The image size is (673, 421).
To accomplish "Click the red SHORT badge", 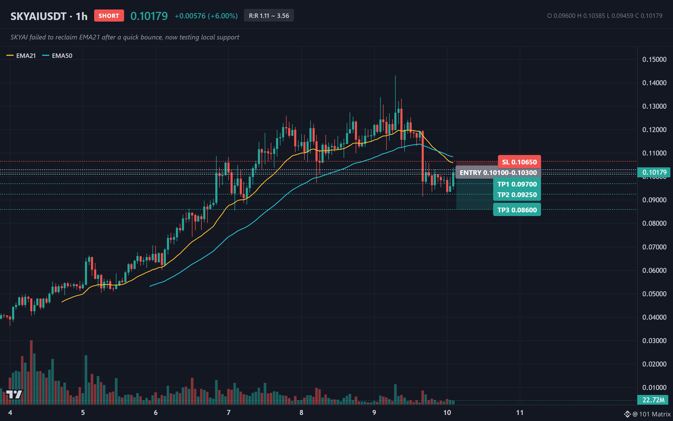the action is coord(109,16).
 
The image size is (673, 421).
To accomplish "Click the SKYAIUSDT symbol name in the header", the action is coord(38,16).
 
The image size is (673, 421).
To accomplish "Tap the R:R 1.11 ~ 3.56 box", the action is coord(269,16).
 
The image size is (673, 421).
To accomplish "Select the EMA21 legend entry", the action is coord(21,56).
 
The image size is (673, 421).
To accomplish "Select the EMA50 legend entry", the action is coord(57,56).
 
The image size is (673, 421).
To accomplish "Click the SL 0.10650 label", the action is coord(519,162).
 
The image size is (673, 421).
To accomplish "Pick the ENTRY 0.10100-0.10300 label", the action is coord(498,173).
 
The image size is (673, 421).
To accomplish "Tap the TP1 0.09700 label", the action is coord(517,184).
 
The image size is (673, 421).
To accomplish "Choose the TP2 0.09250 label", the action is coord(517,195).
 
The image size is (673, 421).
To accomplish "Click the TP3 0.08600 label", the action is coord(517,210).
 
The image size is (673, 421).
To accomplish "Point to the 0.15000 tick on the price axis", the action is coord(654,59).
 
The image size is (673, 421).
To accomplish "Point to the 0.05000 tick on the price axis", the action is coord(654,294).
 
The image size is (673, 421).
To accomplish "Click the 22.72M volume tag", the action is coord(653,400).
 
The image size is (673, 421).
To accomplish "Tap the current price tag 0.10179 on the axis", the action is coord(654,172).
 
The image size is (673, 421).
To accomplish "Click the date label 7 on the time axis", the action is coord(229,412).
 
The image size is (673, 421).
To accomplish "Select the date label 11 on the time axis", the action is coord(520,412).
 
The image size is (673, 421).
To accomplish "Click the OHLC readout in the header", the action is coord(605,16).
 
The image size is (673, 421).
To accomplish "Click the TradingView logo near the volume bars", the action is coord(14,394).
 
